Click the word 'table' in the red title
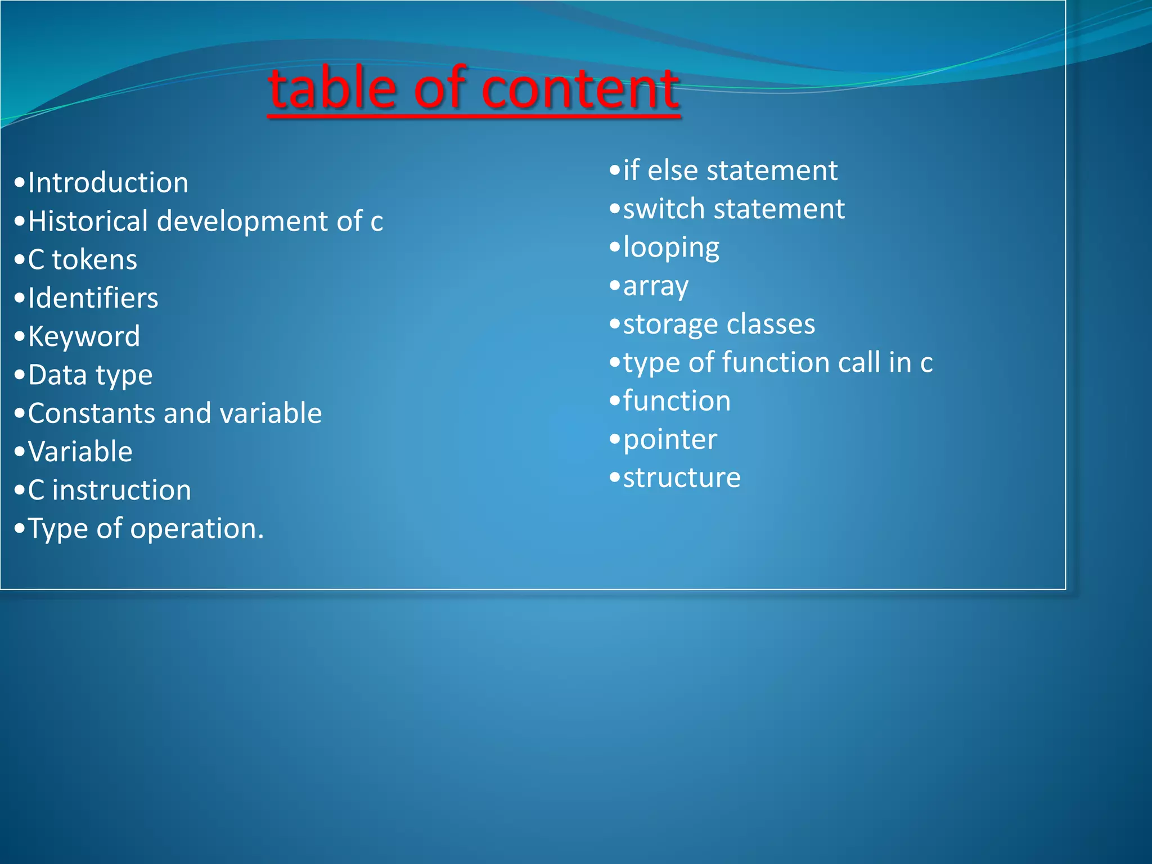coord(332,88)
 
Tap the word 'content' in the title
coord(580,88)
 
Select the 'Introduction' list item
coord(108,183)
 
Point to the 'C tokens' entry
coord(82,260)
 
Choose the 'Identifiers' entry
coord(93,298)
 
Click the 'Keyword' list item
coord(84,336)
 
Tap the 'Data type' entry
coord(90,375)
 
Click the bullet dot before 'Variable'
coord(20,452)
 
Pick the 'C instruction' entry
coord(110,490)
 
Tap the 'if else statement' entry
coord(730,170)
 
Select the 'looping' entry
coord(671,247)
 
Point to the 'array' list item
coord(655,286)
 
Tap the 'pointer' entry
coord(670,439)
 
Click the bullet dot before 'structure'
coord(615,478)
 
